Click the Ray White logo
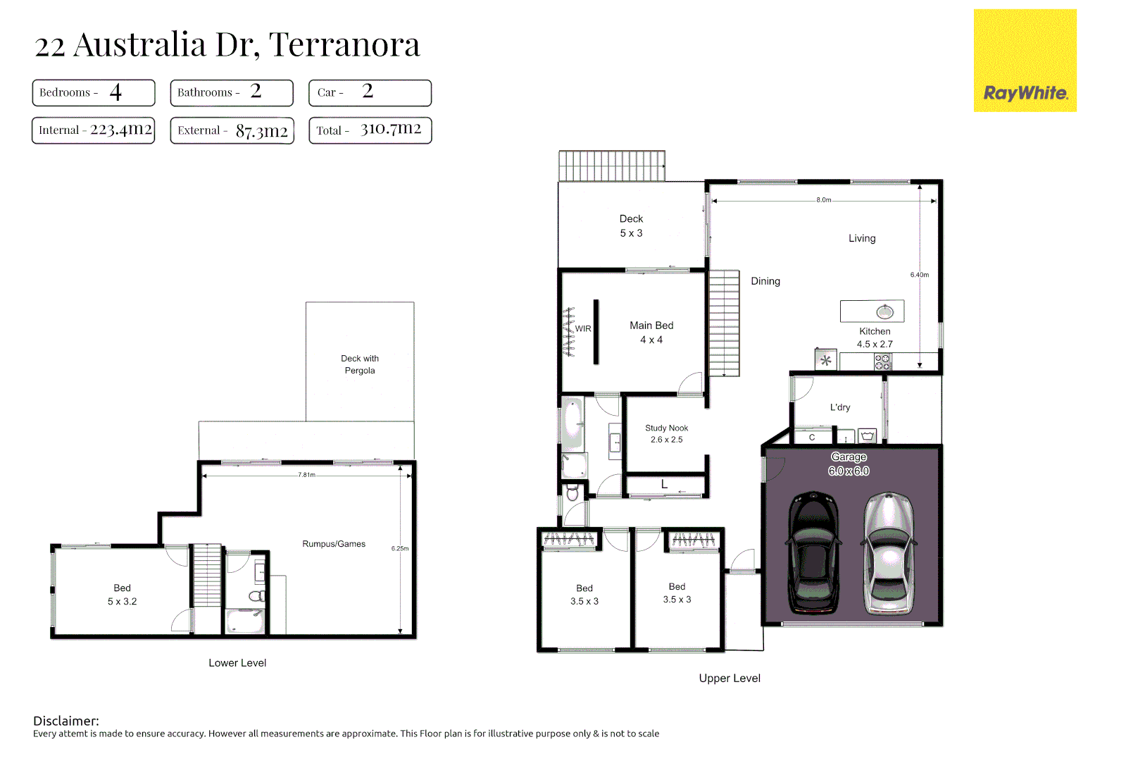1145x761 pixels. (x=1025, y=61)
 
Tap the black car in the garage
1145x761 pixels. (x=813, y=552)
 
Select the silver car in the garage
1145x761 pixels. (x=889, y=552)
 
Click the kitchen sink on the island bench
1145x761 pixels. (x=884, y=311)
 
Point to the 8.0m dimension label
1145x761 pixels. (x=823, y=200)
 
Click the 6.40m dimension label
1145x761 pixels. (x=919, y=275)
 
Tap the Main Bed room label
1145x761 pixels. (x=651, y=332)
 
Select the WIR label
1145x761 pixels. (x=583, y=329)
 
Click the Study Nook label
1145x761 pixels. (x=666, y=433)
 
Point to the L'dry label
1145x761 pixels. (x=839, y=407)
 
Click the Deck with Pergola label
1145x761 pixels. (x=360, y=364)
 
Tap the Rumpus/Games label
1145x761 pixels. (x=334, y=544)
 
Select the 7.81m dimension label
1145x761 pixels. (x=306, y=475)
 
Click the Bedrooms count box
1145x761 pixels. (x=93, y=92)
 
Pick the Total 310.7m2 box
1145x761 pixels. (x=370, y=130)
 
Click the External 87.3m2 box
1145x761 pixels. (x=232, y=130)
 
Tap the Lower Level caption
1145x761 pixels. (x=237, y=663)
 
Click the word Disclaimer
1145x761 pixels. (x=65, y=721)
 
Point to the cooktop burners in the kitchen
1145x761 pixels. (x=882, y=362)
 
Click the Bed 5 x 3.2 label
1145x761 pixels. (x=122, y=595)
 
